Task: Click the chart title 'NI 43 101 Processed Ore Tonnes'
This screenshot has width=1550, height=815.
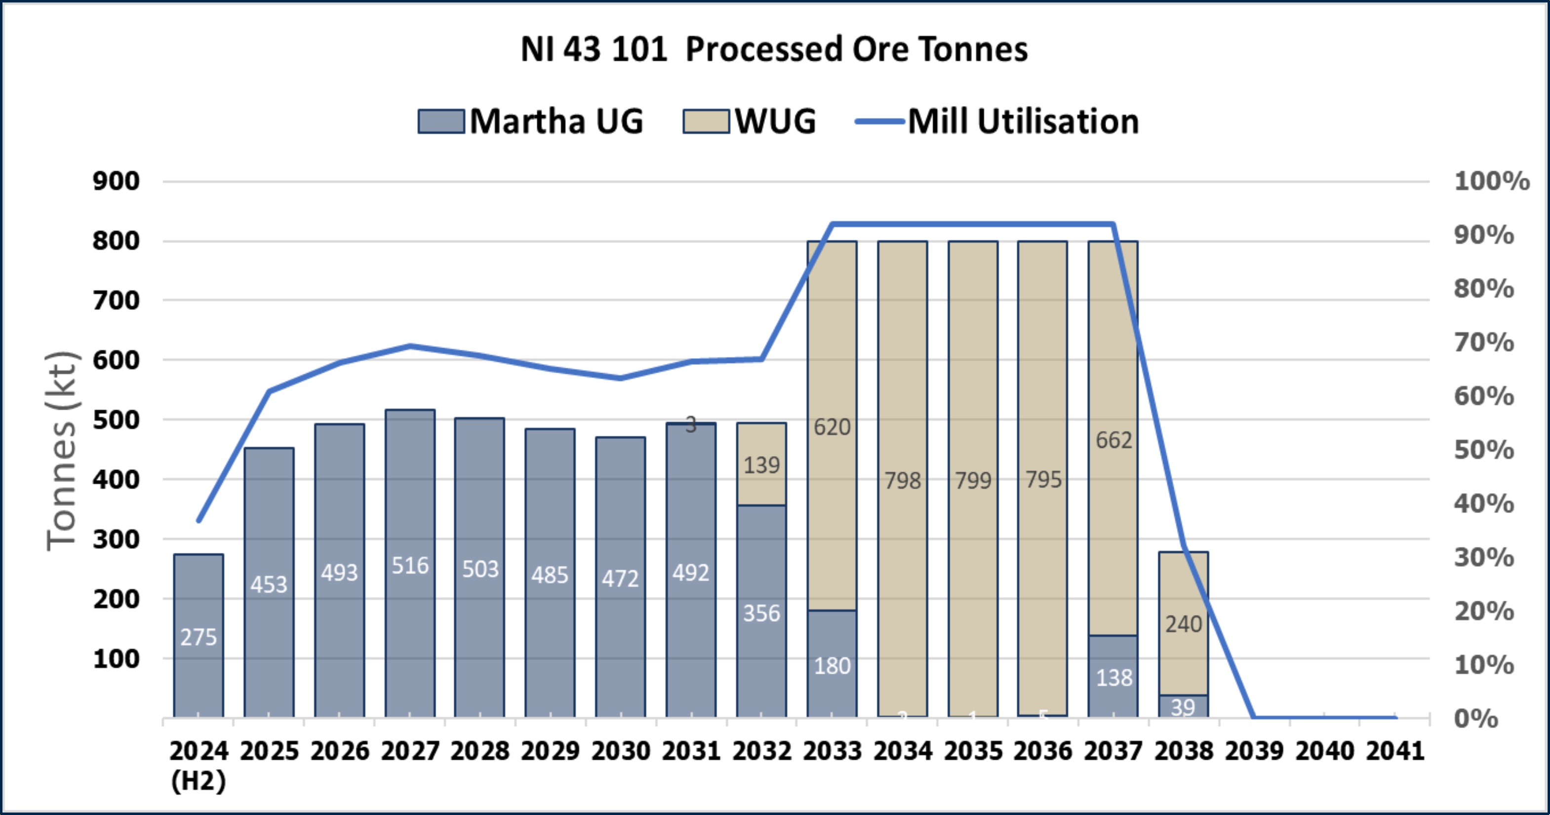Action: [x=774, y=49]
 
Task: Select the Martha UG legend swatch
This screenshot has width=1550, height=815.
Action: [x=441, y=121]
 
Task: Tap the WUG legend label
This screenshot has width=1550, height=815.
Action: [x=775, y=121]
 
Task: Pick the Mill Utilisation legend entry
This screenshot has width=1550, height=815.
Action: [x=1023, y=121]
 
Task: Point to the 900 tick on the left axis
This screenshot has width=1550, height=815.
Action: [x=116, y=181]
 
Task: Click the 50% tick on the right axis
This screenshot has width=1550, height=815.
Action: [x=1484, y=450]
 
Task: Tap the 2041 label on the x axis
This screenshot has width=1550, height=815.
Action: [x=1395, y=751]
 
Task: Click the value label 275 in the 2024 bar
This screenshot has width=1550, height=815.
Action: [x=199, y=637]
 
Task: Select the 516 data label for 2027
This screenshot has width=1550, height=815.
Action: [x=410, y=565]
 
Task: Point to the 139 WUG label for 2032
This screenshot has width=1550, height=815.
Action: [x=761, y=465]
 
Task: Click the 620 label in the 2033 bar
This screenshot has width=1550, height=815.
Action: [x=832, y=427]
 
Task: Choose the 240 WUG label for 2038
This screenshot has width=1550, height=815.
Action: [x=1184, y=624]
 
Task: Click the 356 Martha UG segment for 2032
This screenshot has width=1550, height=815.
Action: [x=761, y=614]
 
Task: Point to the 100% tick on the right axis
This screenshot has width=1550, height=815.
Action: [x=1491, y=181]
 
